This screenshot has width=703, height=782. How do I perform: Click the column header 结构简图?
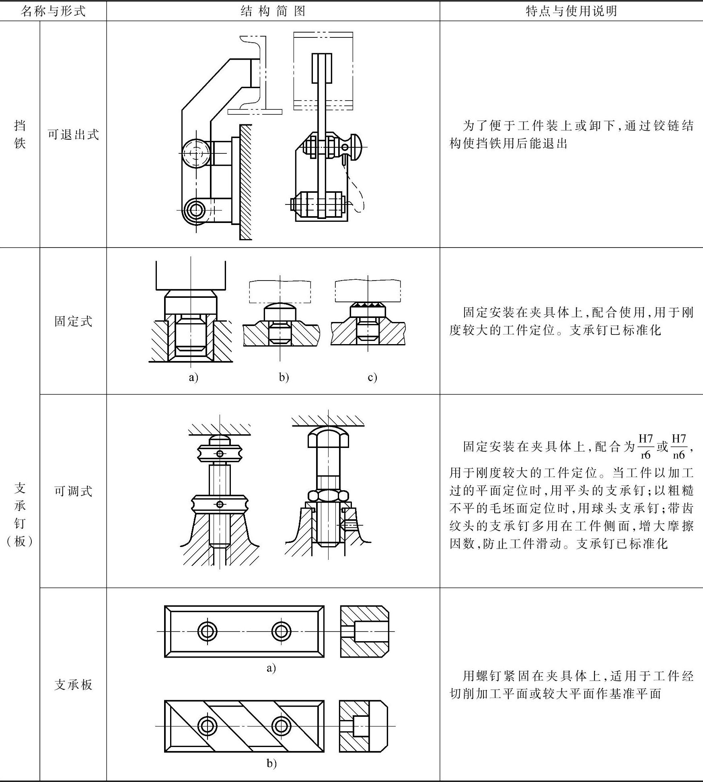coord(273,11)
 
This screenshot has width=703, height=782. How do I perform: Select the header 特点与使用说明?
coord(571,11)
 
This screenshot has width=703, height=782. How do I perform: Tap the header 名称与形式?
coord(53,11)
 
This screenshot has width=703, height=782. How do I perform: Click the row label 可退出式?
coord(73,134)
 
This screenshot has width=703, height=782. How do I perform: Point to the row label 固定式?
coord(73,321)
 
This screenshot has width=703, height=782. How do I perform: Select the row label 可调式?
coord(73,491)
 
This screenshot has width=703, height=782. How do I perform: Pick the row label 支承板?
coord(73,685)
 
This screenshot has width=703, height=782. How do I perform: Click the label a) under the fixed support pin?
coord(193,377)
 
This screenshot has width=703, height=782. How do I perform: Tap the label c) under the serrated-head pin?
coord(372,377)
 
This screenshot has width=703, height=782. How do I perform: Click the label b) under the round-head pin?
coord(284,377)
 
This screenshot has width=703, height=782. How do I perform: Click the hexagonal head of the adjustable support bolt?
coord(328,436)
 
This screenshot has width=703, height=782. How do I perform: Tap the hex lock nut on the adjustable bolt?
coord(328,495)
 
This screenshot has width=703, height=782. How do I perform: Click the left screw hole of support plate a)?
coord(208,631)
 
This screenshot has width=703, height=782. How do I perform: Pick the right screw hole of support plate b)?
coord(281,726)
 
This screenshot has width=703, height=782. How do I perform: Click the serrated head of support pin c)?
coord(368,310)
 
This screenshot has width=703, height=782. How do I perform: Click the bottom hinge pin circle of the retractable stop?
coord(196,210)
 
